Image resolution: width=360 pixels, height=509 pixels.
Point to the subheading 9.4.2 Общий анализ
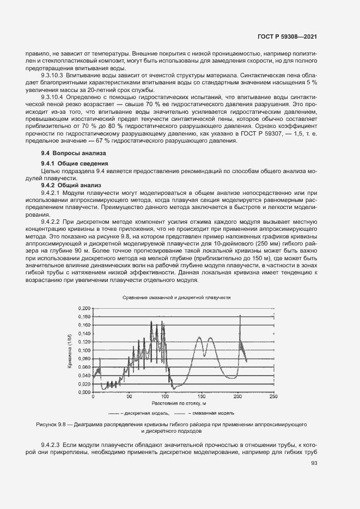68,185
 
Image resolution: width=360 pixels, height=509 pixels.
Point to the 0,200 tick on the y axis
83,308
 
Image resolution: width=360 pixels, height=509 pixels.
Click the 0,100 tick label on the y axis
83,350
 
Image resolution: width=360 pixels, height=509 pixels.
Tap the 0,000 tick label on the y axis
83,392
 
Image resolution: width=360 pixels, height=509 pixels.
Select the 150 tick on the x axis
202,397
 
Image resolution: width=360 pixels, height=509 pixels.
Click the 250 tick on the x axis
273,397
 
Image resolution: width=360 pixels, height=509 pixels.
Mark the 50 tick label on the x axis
129,397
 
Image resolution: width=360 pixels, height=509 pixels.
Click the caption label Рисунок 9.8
51,423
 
